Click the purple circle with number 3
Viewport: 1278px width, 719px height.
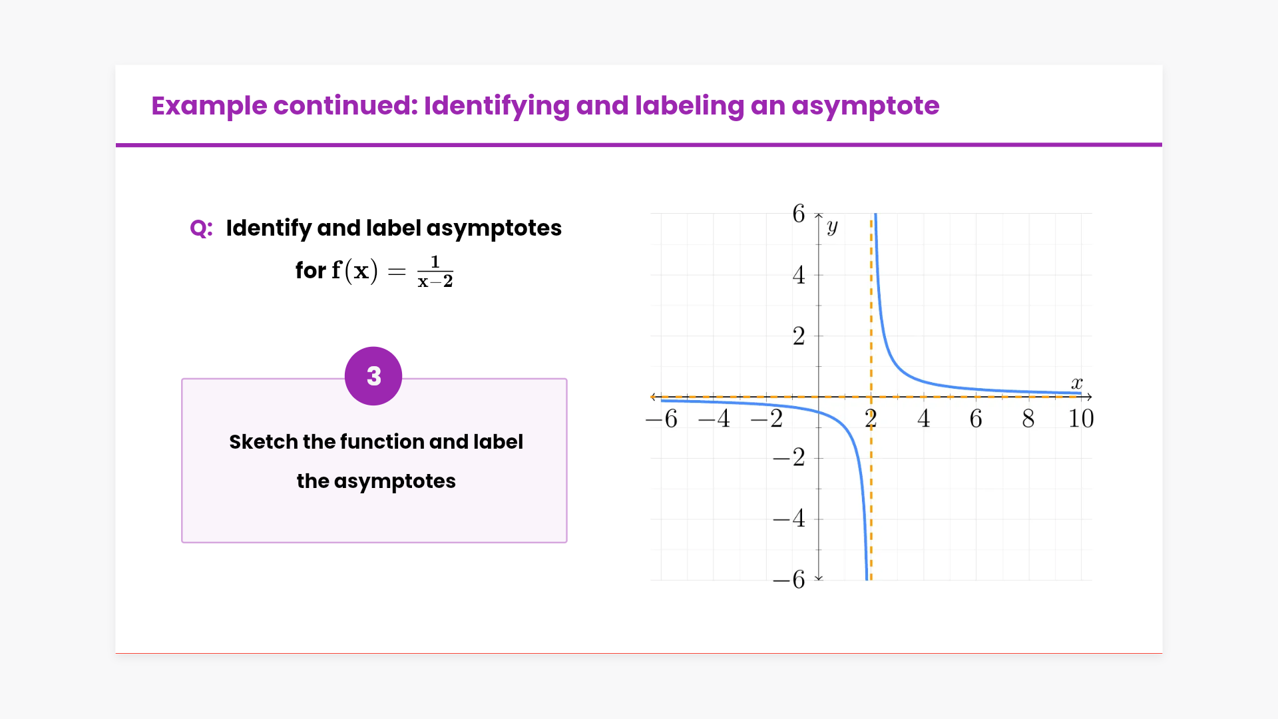373,376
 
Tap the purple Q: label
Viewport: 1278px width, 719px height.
201,228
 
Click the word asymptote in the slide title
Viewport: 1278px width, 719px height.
865,107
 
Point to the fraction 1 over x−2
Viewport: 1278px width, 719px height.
435,272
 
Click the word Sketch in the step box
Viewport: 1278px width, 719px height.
263,441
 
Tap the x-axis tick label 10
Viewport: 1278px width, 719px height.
1081,419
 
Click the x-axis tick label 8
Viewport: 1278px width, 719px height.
1028,419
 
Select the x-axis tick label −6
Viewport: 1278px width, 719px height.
662,419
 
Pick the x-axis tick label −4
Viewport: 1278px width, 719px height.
714,419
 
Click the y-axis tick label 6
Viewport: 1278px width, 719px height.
799,214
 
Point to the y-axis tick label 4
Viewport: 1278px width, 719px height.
799,275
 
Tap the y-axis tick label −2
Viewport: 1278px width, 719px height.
789,457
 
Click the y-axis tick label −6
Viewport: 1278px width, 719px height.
789,580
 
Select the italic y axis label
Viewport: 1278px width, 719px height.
832,227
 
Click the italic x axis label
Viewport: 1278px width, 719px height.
1077,383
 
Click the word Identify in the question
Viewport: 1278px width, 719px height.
269,228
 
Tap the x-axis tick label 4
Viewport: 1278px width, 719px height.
923,419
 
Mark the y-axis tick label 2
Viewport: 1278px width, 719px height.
799,336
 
